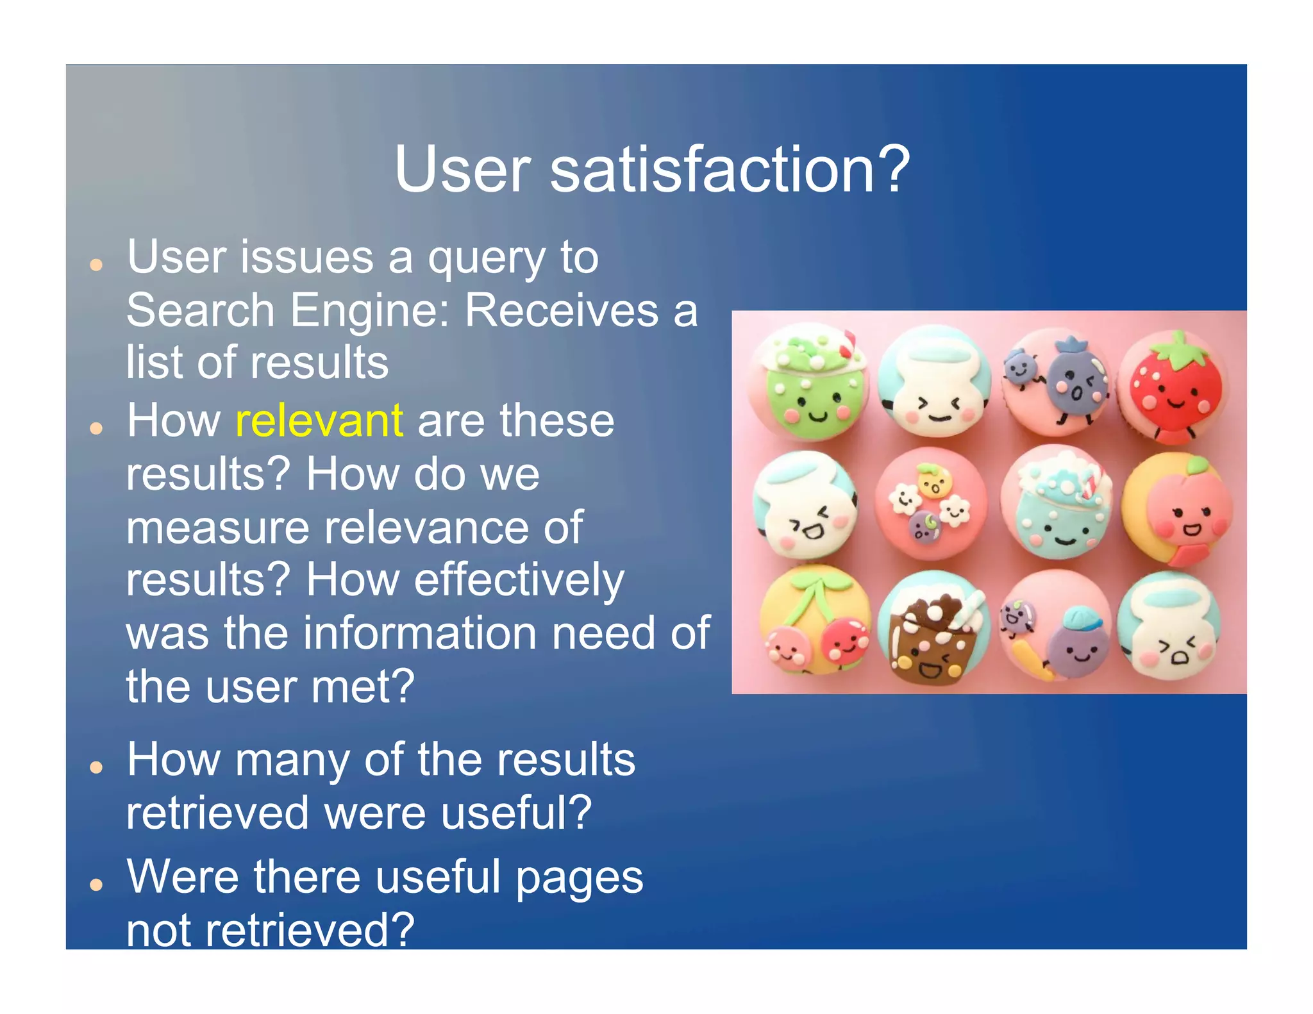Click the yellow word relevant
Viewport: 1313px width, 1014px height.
pos(319,421)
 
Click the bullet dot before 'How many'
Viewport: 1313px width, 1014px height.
pos(96,767)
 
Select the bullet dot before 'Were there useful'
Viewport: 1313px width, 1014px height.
pos(96,885)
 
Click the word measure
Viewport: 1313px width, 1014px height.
pos(217,528)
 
